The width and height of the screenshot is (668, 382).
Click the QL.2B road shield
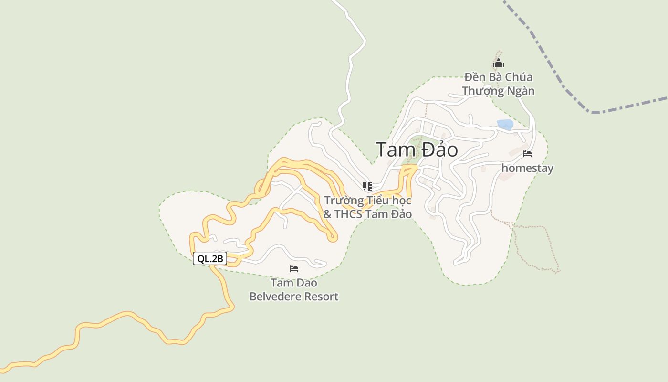(210, 259)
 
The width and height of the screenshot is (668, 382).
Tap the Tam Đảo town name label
(417, 149)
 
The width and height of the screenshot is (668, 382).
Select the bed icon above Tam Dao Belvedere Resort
(294, 269)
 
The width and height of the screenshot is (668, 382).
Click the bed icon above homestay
(527, 154)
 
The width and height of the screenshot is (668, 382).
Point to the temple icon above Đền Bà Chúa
(498, 64)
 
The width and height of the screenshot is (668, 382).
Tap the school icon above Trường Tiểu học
(367, 186)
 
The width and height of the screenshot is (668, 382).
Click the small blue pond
(505, 125)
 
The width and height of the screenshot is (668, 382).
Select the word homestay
(527, 168)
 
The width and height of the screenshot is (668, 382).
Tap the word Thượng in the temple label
(482, 91)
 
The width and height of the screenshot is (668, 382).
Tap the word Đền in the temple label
(474, 77)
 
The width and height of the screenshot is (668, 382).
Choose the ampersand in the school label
(327, 214)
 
